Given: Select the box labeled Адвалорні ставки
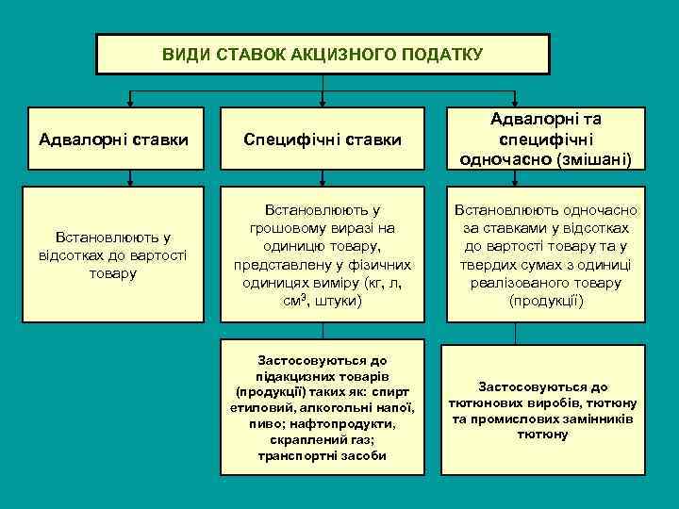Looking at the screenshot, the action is coord(113,140).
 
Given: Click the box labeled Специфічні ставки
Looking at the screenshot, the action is coord(323,140).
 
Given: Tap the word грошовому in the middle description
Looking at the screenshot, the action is coord(287,228).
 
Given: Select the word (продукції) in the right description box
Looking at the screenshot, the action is coord(546,301).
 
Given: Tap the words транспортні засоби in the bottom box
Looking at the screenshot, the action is coord(323,456).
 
